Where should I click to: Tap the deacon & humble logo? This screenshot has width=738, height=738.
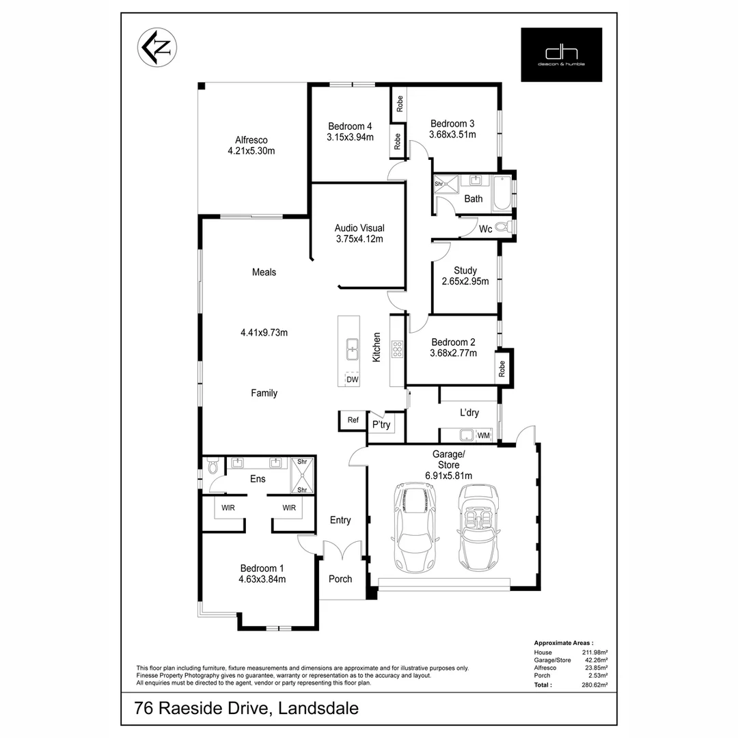[x=561, y=55]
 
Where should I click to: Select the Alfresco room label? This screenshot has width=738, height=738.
[x=251, y=140]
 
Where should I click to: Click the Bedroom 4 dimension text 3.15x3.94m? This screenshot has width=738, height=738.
[x=350, y=137]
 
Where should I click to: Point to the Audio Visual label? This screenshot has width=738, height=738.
[x=359, y=228]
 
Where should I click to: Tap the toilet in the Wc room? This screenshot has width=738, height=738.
[x=504, y=228]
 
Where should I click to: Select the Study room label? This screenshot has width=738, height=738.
[x=465, y=271]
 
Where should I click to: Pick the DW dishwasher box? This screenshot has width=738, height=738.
[x=353, y=379]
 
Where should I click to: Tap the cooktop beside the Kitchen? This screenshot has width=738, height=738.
[x=396, y=349]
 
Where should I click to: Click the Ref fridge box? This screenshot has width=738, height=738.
[x=353, y=420]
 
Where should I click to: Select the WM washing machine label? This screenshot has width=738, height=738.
[x=483, y=435]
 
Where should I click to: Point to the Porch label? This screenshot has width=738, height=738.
[x=340, y=579]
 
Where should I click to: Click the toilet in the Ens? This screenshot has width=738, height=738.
[x=213, y=467]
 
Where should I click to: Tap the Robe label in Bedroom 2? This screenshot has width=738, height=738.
[x=502, y=369]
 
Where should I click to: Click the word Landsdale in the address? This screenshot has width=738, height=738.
[x=317, y=709]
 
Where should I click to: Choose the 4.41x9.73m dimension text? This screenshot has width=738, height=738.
[x=264, y=333]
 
